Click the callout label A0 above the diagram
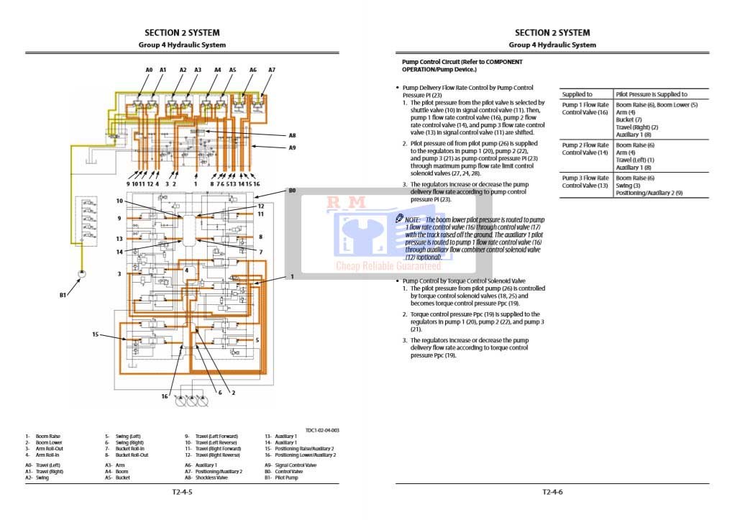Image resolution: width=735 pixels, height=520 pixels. (149, 70)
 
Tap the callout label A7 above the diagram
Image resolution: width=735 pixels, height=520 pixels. (272, 70)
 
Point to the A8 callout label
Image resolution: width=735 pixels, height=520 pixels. (292, 135)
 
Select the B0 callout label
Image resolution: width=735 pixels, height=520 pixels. (292, 191)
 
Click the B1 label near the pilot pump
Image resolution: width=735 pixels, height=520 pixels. (63, 295)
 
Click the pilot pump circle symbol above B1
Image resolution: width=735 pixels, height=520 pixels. (81, 274)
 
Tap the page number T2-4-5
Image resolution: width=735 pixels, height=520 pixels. (182, 493)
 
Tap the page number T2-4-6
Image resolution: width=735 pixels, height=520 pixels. (552, 493)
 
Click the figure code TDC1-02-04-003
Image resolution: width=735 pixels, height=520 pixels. (322, 430)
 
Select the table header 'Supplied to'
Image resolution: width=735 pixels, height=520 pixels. (577, 94)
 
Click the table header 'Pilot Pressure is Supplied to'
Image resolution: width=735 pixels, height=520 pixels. (652, 94)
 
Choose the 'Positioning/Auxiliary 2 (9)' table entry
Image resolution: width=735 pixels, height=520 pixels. (649, 193)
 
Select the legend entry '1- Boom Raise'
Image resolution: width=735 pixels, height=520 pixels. (43, 436)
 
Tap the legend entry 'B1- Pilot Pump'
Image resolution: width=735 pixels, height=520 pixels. (282, 478)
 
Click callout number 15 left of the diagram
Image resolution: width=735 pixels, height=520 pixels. (95, 334)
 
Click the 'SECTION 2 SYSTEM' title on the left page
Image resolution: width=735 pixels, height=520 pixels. (182, 32)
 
